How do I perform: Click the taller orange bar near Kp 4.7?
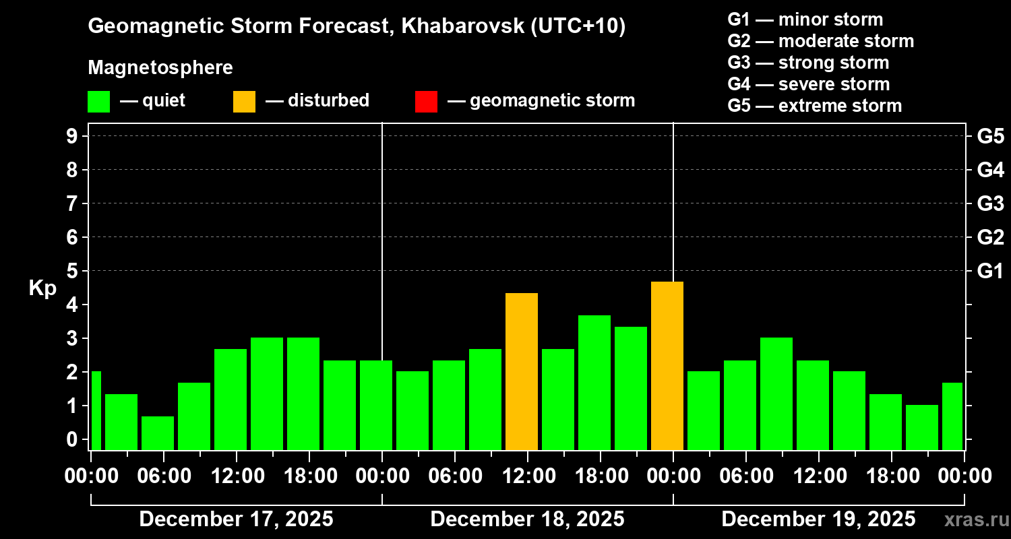click(667, 365)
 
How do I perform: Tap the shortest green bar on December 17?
click(158, 433)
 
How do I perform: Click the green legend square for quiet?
click(98, 102)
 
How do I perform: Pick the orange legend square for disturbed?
click(244, 102)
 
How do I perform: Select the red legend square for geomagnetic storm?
click(426, 102)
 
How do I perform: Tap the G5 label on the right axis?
click(990, 136)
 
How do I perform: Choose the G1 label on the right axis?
click(990, 271)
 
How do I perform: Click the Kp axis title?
click(42, 288)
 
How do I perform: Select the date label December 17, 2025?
click(236, 519)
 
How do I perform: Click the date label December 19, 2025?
click(818, 519)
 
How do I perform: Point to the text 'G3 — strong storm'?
click(808, 63)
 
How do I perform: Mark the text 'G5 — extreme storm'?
click(814, 106)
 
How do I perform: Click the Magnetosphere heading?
click(160, 68)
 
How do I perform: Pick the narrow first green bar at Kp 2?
click(96, 410)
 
